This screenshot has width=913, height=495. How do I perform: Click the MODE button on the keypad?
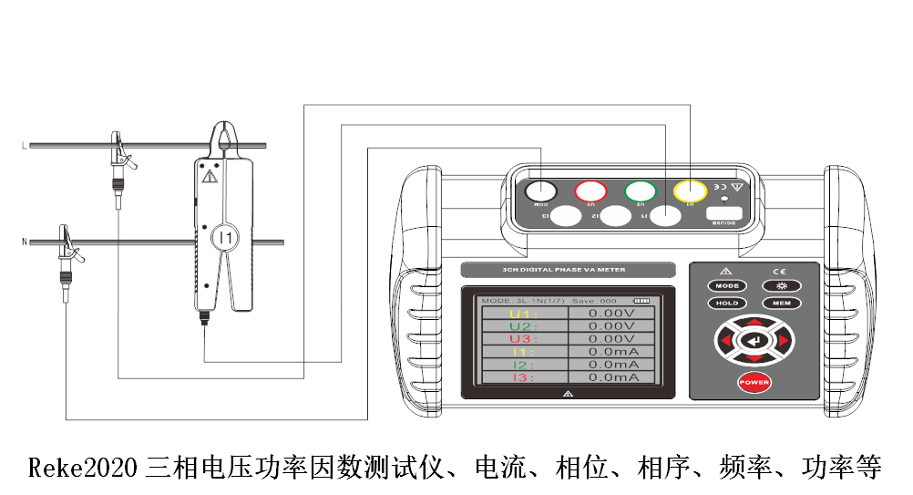(726, 286)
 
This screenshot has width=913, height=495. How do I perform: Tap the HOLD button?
(726, 304)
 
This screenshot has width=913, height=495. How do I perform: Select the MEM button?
(781, 304)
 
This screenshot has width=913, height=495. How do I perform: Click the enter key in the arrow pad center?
(754, 341)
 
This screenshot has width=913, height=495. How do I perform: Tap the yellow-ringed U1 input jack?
(690, 191)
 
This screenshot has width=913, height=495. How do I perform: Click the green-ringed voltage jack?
(641, 191)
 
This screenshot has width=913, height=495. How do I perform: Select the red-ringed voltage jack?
(590, 191)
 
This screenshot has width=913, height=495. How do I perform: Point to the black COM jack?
(540, 191)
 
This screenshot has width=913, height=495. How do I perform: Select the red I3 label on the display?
(523, 377)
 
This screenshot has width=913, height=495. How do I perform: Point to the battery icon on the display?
(644, 300)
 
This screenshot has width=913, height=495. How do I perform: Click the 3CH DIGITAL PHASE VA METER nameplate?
(568, 270)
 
